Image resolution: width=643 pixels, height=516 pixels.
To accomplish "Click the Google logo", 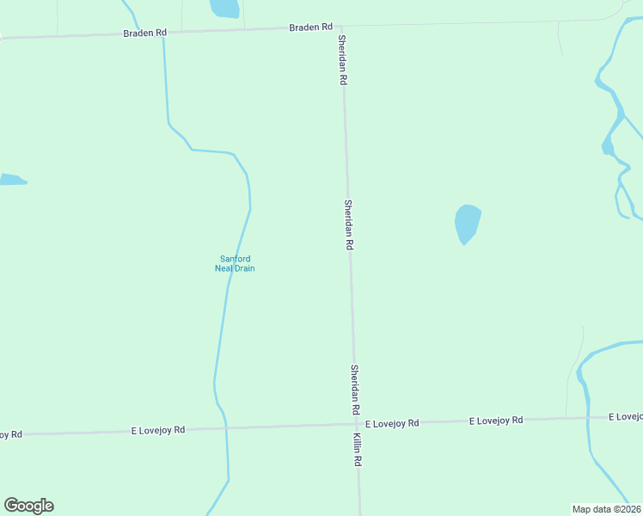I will click(28, 506).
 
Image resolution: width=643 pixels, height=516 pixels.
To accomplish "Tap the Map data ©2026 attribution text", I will click(606, 509).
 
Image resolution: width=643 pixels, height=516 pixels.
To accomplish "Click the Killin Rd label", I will click(357, 450).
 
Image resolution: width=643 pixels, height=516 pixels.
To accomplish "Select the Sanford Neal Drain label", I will click(235, 263).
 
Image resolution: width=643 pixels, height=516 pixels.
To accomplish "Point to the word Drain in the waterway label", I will click(244, 268).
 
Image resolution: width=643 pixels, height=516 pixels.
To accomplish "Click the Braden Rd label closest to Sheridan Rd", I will click(310, 28).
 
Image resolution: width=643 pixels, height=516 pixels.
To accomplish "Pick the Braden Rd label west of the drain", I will click(144, 33).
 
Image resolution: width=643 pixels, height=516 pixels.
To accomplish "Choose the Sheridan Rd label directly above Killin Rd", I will click(354, 390).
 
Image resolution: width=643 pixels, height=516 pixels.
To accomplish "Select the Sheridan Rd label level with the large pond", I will click(349, 224).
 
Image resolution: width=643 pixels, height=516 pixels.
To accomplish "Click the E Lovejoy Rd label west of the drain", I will click(157, 428).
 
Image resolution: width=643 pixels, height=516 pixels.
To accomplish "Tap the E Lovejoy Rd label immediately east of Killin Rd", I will click(392, 423).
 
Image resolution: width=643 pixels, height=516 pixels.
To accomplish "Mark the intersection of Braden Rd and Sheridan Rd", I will click(341, 27).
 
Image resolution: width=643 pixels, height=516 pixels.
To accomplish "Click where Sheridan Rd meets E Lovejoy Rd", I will click(354, 423).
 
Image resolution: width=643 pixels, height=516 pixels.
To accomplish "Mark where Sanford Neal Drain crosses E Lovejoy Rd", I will click(225, 427).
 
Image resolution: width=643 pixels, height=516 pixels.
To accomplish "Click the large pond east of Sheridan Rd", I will click(467, 223).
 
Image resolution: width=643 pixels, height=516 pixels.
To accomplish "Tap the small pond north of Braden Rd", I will click(224, 8).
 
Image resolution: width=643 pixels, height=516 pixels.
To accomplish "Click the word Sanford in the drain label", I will click(235, 259).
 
